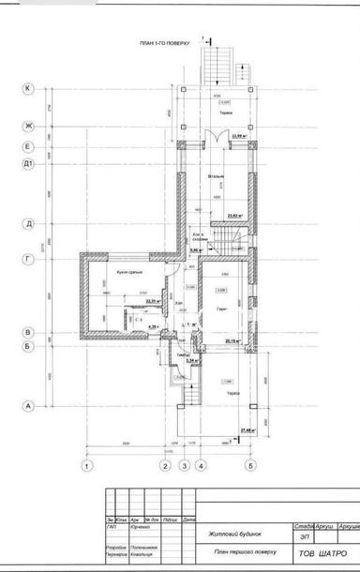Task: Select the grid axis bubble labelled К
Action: [x=28, y=89]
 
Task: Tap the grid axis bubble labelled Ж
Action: [x=28, y=126]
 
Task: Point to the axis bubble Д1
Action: [x=28, y=164]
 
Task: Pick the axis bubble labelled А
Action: [x=28, y=406]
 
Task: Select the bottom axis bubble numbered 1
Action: [x=86, y=465]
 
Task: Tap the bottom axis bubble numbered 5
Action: [x=250, y=465]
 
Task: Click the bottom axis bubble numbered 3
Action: [x=185, y=465]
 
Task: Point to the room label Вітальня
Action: [x=217, y=174]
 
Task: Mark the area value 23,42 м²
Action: [x=234, y=216]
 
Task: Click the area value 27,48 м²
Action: [x=248, y=429]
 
